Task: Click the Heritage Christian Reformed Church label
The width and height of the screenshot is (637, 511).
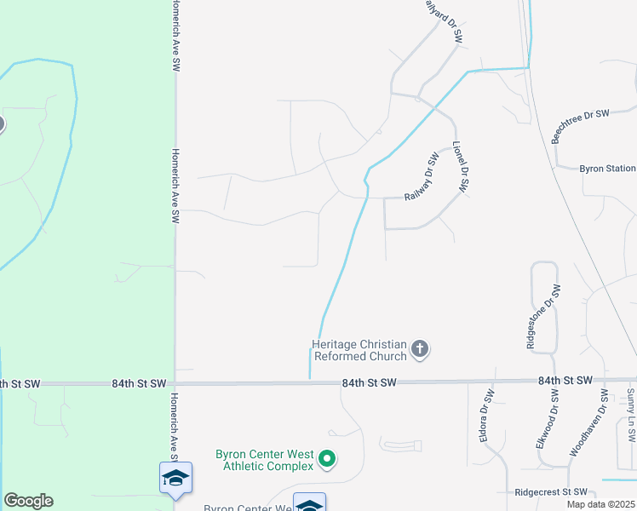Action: (x=359, y=349)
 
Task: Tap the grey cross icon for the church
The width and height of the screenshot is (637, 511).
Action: (x=419, y=348)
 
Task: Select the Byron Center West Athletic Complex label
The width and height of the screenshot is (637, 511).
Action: (x=264, y=460)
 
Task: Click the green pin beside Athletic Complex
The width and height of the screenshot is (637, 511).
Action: (x=326, y=461)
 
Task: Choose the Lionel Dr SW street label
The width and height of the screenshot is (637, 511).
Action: (x=462, y=168)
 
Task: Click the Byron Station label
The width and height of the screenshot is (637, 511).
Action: (x=607, y=169)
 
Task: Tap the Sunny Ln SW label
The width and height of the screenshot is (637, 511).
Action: (x=631, y=416)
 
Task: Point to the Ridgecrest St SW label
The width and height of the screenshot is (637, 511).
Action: (x=552, y=492)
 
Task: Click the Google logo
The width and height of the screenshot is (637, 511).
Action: (x=28, y=501)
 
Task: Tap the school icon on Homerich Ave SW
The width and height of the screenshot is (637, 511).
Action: (x=175, y=478)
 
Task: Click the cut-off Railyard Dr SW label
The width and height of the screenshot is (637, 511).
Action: (x=445, y=20)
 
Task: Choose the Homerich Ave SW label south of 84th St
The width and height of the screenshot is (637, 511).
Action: (x=175, y=423)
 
